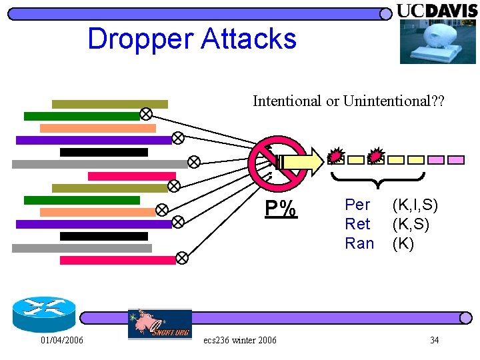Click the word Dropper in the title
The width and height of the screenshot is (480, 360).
pyautogui.click(x=139, y=39)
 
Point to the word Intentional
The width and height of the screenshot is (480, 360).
pyautogui.click(x=287, y=101)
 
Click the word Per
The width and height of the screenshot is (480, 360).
pyautogui.click(x=357, y=205)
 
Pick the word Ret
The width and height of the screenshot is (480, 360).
pyautogui.click(x=357, y=224)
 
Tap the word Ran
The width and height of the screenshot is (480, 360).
pyautogui.click(x=359, y=243)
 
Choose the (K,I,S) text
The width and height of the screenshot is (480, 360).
pyautogui.click(x=415, y=205)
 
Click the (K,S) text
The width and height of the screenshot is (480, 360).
pyautogui.click(x=411, y=224)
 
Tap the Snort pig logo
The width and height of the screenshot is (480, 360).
pyautogui.click(x=160, y=324)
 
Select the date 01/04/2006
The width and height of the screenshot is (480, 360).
pyautogui.click(x=62, y=341)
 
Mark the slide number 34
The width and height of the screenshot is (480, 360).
pyautogui.click(x=434, y=341)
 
